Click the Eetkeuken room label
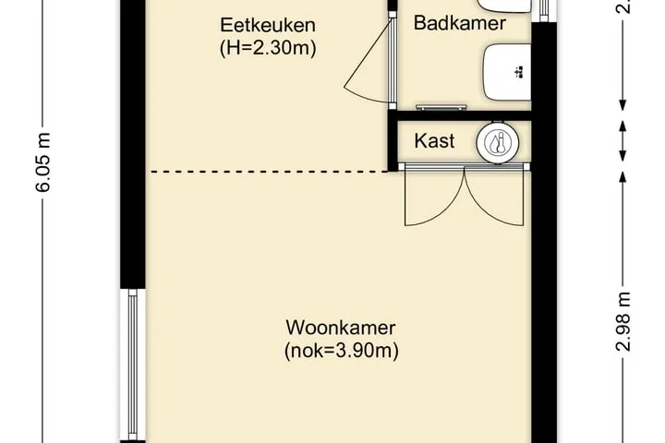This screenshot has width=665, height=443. click(268, 25)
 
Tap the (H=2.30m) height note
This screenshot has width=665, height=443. click(268, 48)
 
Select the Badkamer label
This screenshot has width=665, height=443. click(459, 23)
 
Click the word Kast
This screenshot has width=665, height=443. click(434, 140)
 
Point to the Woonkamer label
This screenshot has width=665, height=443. click(341, 328)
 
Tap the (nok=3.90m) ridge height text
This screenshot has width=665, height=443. click(342, 351)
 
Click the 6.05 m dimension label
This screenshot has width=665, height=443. click(42, 162)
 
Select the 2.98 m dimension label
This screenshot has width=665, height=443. click(623, 322)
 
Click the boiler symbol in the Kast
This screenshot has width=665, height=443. click(498, 142)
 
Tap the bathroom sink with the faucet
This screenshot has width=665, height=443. click(507, 72)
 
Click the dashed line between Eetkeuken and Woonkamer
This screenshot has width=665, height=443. click(269, 172)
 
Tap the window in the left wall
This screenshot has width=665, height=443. click(133, 365)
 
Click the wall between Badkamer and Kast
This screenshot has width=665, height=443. click(460, 115)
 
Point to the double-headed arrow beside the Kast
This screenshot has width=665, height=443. click(623, 141)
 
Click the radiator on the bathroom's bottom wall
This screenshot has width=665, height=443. click(441, 108)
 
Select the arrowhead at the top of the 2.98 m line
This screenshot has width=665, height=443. click(623, 176)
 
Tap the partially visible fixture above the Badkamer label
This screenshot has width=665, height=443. click(504, 6)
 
